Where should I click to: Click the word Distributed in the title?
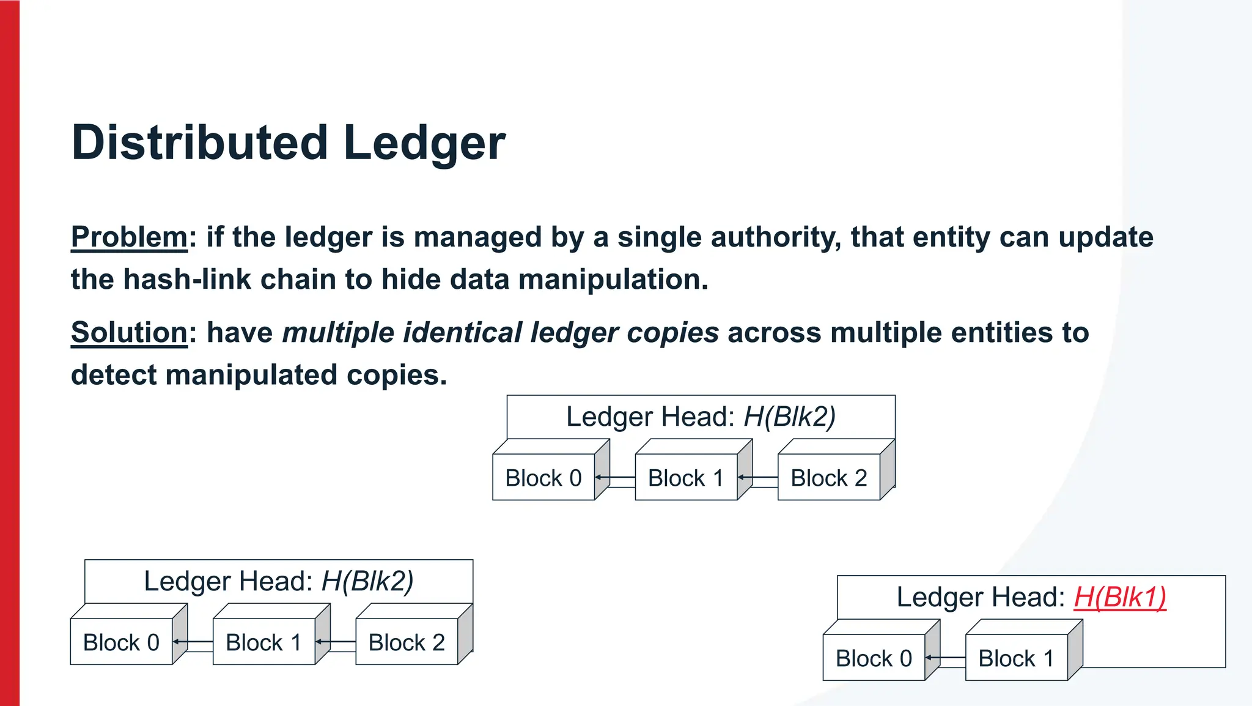tap(199, 143)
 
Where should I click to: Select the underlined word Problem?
tap(129, 237)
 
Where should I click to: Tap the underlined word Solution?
tap(129, 333)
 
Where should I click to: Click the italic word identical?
tap(462, 333)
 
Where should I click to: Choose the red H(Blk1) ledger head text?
tap(1120, 597)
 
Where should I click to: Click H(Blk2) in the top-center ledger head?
tap(789, 417)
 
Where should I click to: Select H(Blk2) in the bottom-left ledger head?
tap(367, 581)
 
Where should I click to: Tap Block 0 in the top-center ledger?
tap(543, 478)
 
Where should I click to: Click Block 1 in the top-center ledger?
tap(686, 478)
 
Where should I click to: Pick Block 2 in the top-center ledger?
tap(829, 478)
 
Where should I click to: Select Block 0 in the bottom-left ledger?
tap(121, 642)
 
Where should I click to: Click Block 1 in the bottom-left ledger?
tap(263, 642)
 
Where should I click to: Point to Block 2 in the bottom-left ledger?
tap(407, 642)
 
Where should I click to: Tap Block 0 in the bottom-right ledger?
tap(874, 658)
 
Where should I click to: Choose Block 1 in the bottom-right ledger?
tap(1016, 658)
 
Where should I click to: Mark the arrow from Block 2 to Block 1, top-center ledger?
tap(757, 477)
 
